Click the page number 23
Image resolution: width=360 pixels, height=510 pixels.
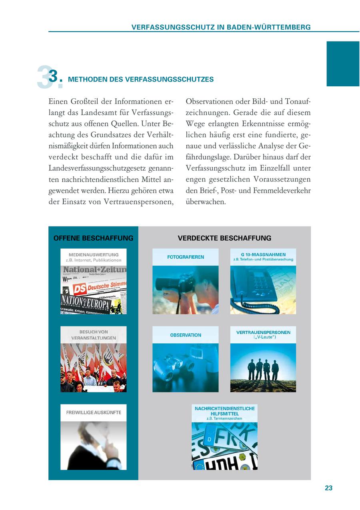[x=328, y=488]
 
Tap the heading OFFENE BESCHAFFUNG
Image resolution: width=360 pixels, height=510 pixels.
[x=93, y=238]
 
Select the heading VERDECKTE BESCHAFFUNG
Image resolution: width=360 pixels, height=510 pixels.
[x=224, y=238]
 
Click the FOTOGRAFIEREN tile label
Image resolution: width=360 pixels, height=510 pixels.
[x=185, y=257]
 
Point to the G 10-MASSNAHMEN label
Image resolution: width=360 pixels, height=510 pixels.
[x=263, y=254]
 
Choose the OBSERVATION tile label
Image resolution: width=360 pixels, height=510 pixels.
[x=185, y=335]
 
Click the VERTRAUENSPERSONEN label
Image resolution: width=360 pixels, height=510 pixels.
[x=263, y=332]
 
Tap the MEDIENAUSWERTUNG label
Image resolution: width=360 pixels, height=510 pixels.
[x=93, y=255]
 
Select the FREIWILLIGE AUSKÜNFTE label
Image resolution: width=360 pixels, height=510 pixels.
[x=93, y=412]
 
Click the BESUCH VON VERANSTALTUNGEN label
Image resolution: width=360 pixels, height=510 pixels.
[x=93, y=335]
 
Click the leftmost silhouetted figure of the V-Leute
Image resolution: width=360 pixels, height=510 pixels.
[x=252, y=370]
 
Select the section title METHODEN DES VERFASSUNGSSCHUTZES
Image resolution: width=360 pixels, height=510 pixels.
[x=141, y=80]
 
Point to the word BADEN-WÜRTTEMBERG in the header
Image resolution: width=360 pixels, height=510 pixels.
[x=269, y=27]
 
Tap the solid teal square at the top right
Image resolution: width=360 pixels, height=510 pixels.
[x=343, y=64]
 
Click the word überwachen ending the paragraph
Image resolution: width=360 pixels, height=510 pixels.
[x=206, y=202]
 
